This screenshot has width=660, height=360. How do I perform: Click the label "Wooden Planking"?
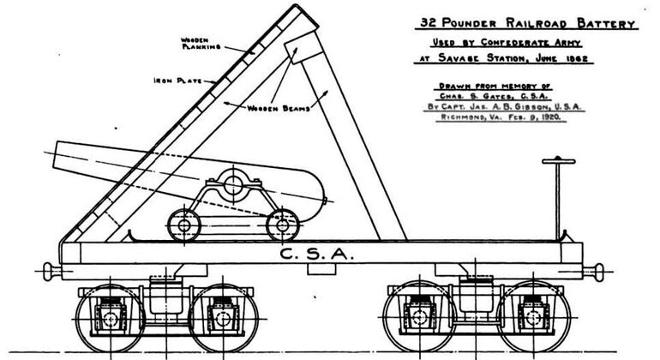(x=201, y=44)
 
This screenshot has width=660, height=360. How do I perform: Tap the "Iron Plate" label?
(x=177, y=81)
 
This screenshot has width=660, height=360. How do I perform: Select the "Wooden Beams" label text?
(x=279, y=108)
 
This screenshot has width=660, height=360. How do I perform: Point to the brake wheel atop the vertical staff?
(x=559, y=160)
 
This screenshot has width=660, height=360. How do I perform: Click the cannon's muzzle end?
(x=56, y=156)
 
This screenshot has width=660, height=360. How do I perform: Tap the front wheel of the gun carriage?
(x=184, y=225)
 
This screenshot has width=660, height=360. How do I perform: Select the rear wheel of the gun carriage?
(x=283, y=225)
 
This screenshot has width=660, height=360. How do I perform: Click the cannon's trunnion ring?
(x=233, y=184)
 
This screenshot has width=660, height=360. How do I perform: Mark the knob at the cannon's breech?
(x=326, y=201)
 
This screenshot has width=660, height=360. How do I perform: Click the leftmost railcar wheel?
(x=111, y=318)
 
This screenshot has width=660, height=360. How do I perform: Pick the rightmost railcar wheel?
(x=534, y=317)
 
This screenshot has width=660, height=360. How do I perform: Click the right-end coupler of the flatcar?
(x=594, y=272)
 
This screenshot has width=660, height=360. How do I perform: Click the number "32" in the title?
(x=428, y=22)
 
